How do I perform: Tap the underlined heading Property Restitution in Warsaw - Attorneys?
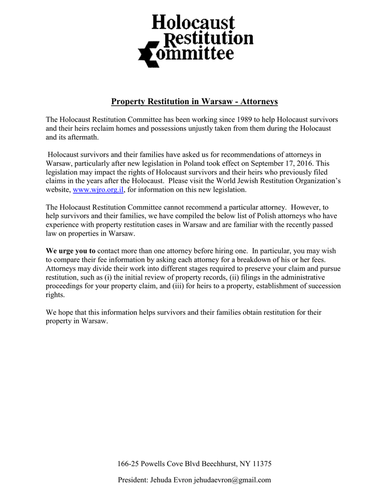tap(194, 102)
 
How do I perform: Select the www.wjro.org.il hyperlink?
tap(98, 190)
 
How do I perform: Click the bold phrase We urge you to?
tap(71, 251)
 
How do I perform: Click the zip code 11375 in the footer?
tap(262, 464)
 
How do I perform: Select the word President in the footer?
tap(133, 480)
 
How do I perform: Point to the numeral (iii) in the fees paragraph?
tap(178, 286)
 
